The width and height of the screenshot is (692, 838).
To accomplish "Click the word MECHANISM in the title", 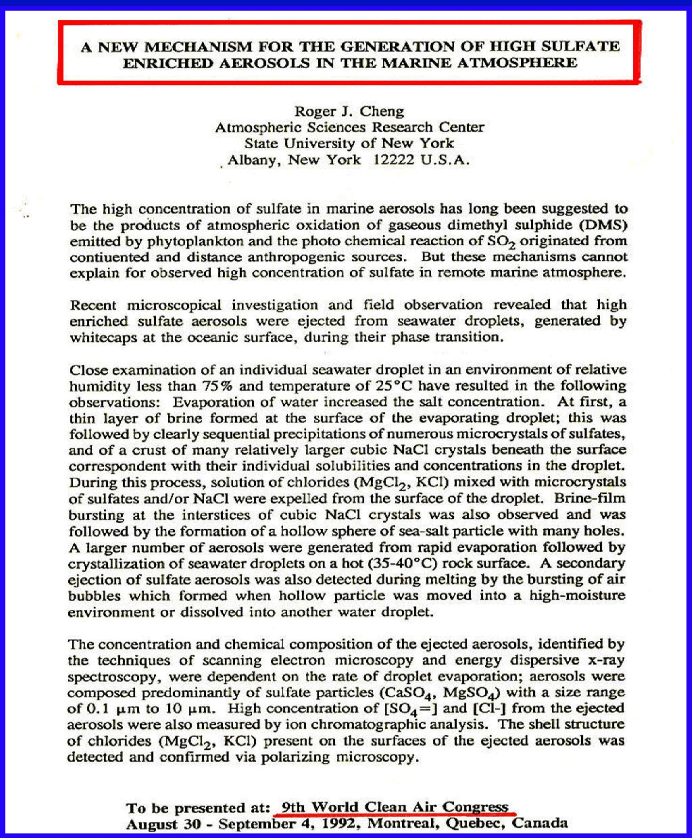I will (199, 47).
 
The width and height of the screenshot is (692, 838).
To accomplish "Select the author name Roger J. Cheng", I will (349, 112).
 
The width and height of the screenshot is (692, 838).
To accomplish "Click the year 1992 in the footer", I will (341, 824).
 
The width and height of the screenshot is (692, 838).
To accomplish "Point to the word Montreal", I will (403, 824).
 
